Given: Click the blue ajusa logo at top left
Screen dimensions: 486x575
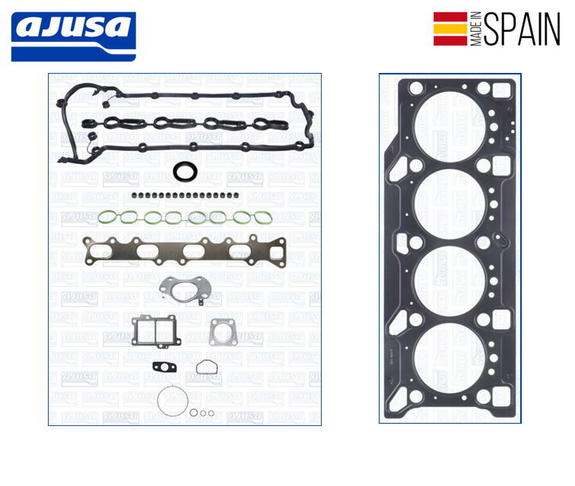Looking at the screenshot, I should (x=73, y=36).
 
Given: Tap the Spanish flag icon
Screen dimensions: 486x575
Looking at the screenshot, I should (x=450, y=28).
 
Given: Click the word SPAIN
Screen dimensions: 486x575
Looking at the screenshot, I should (x=521, y=29).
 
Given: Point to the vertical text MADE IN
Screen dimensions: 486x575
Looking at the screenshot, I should (x=476, y=30).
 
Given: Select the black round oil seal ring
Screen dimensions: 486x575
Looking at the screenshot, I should (x=184, y=172).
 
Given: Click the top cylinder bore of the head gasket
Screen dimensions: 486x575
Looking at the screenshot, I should (x=450, y=128).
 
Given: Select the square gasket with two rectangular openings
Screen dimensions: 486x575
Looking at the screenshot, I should (x=154, y=331).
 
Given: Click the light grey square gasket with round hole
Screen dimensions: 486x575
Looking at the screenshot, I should (x=223, y=332).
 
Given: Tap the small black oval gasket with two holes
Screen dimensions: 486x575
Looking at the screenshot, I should (x=163, y=369).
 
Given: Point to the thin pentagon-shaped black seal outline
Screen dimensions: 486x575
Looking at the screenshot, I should (x=207, y=368).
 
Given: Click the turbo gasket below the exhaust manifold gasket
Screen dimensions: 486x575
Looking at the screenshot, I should (x=182, y=289).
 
